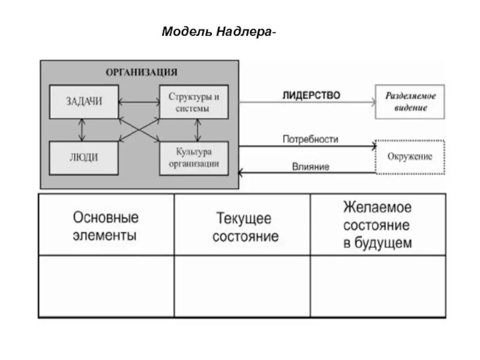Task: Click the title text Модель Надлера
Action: [x=219, y=31]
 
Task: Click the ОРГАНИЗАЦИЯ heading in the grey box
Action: [x=142, y=72]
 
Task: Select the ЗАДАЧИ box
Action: [x=83, y=101]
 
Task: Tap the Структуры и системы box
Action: [x=193, y=101]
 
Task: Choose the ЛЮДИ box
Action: [x=83, y=158]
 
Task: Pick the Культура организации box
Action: [x=193, y=158]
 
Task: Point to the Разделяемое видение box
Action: [x=410, y=101]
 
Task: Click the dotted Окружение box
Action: [x=410, y=157]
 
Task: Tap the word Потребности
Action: [x=310, y=139]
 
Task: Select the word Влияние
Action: [x=310, y=167]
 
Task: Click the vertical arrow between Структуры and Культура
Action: [x=197, y=130]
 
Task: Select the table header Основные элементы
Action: [x=106, y=225]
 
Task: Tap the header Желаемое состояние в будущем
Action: [x=377, y=225]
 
